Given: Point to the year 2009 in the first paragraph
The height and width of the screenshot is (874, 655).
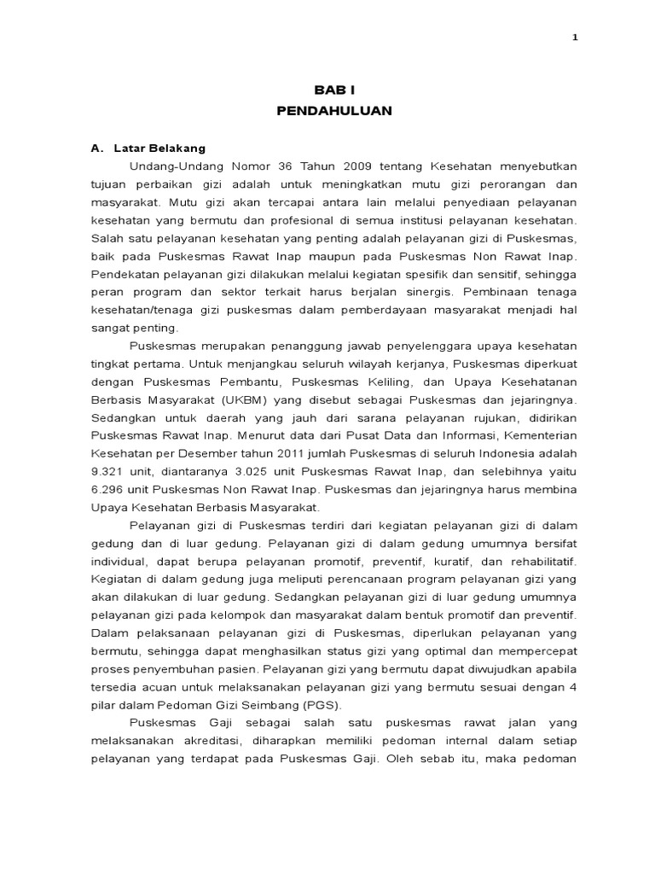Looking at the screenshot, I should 339,166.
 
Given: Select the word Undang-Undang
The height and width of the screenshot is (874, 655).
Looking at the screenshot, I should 169,166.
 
